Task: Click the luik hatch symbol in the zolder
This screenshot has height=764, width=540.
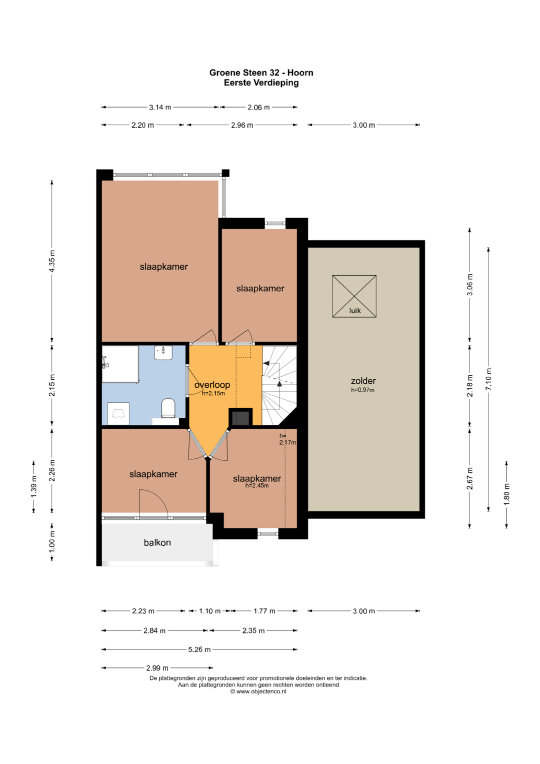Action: [354, 296]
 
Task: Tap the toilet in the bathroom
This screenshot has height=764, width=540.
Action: [168, 408]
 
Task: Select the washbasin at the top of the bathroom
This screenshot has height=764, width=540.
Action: [163, 353]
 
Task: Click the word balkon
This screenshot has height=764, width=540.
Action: [157, 542]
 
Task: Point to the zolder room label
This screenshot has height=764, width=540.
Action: [363, 381]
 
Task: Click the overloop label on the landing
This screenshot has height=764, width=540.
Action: [212, 385]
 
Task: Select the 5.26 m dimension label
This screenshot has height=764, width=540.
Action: [199, 649]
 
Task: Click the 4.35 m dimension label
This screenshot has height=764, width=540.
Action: [52, 261]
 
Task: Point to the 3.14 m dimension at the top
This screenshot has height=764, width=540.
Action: [160, 107]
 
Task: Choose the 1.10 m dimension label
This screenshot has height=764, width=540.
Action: [209, 610]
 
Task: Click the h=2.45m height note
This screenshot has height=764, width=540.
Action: [256, 486]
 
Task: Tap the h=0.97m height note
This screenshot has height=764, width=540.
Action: [362, 390]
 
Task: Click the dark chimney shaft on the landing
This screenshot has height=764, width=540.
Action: [240, 417]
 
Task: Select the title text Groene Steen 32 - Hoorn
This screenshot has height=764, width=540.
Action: [261, 73]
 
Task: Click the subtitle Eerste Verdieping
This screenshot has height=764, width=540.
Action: [261, 83]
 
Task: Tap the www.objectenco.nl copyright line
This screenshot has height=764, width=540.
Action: [258, 691]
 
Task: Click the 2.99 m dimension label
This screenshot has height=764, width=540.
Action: [157, 667]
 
